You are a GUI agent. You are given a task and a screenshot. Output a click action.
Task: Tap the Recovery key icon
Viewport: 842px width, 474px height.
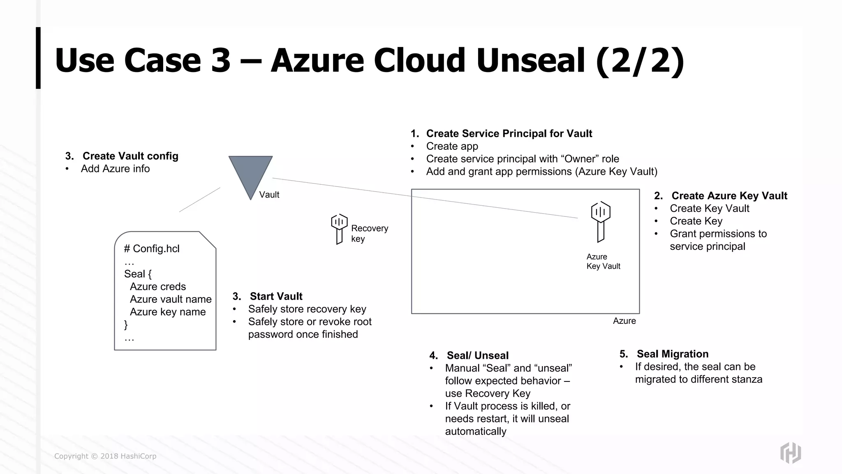pos(339,229)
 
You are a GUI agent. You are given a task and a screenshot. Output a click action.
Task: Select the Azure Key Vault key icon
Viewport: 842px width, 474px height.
pos(601,221)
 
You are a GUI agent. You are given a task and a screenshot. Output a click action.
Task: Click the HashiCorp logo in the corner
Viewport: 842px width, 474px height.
pos(790,453)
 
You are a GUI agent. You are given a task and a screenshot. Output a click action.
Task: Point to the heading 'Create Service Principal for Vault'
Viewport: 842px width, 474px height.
pos(509,134)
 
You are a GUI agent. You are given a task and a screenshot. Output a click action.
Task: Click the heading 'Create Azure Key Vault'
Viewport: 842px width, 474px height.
pos(729,196)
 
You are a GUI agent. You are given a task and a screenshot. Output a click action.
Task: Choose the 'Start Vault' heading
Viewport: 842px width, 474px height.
pos(276,296)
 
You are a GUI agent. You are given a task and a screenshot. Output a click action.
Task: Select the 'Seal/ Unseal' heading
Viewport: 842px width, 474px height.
pos(477,355)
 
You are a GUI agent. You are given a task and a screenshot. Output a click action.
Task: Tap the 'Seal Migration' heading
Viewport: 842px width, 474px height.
pos(672,354)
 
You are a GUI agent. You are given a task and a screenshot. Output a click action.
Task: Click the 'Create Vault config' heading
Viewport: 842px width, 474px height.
pos(130,156)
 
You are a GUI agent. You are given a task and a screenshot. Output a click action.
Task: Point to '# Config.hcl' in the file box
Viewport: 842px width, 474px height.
pos(152,249)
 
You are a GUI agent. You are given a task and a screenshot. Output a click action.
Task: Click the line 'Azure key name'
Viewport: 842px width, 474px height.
pos(168,312)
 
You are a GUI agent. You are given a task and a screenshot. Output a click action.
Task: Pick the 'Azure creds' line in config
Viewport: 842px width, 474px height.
pos(158,286)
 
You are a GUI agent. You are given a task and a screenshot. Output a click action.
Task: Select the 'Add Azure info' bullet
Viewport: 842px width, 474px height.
pos(115,169)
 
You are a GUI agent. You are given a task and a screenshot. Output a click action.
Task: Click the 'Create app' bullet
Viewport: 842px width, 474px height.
pos(452,146)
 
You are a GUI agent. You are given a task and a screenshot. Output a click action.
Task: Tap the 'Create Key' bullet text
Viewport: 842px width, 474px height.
pos(696,221)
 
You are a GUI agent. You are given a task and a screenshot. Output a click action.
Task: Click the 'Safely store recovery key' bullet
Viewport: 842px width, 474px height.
pos(307,309)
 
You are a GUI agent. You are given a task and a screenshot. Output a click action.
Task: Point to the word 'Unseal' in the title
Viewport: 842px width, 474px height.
pos(531,60)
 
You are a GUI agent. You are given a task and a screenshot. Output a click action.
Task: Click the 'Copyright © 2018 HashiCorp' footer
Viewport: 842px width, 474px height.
pos(105,456)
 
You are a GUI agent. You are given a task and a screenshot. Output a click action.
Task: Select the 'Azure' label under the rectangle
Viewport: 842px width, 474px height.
pos(624,321)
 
